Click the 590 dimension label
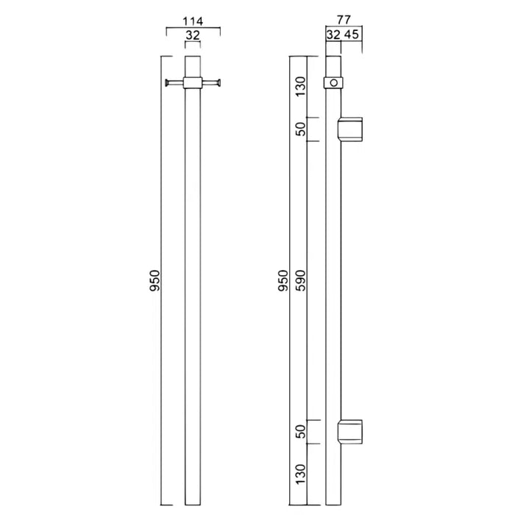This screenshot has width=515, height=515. pos(299,280)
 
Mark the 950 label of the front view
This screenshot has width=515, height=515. pos(154,280)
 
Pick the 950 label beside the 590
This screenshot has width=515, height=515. pos(283,280)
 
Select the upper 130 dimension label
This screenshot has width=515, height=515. pos(299,86)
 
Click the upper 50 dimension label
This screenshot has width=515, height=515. pos(299,128)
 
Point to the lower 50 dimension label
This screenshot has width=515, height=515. pos(299,432)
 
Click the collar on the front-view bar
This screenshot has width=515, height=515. pos(192,82)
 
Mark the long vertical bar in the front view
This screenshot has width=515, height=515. pos(192,294)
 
